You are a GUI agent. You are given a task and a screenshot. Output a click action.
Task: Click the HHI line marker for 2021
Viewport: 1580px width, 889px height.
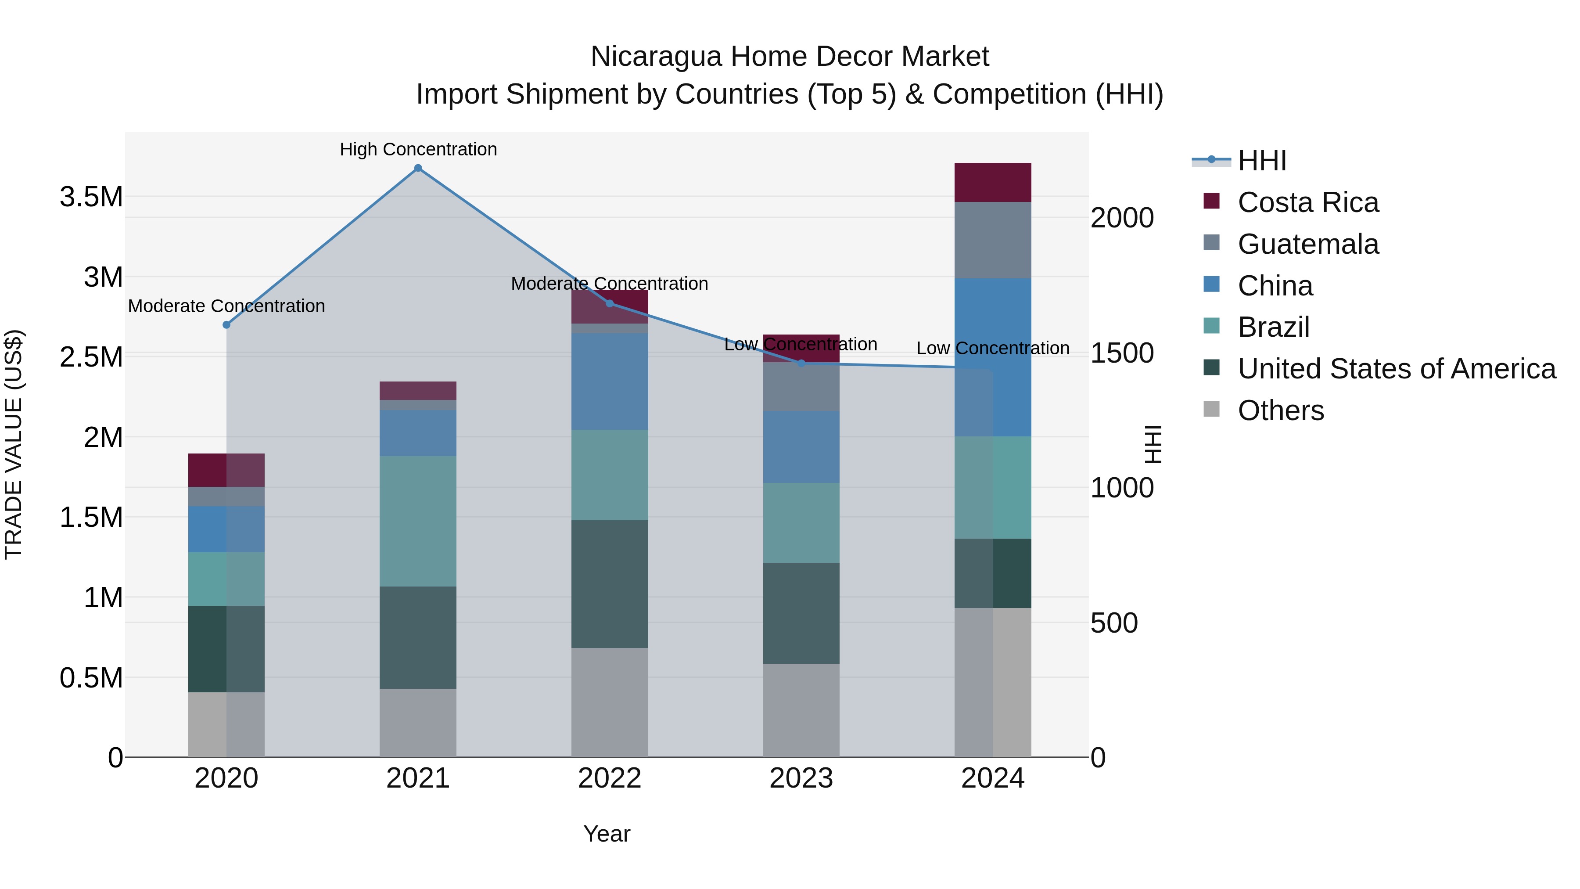[x=418, y=168]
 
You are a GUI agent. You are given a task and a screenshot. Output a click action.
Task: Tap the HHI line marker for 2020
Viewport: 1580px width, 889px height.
[x=226, y=324]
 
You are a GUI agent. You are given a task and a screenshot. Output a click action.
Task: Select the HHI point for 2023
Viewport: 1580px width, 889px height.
[x=801, y=363]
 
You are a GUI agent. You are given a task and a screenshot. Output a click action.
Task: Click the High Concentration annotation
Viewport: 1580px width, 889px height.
[x=418, y=149]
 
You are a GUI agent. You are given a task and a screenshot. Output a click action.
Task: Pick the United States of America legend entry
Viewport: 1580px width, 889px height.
[x=1396, y=369]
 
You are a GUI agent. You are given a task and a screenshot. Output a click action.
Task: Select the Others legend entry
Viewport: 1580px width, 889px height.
[x=1280, y=410]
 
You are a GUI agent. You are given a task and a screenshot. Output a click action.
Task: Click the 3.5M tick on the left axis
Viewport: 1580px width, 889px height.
[x=91, y=197]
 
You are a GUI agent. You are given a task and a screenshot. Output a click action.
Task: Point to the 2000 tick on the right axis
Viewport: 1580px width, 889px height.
[x=1122, y=218]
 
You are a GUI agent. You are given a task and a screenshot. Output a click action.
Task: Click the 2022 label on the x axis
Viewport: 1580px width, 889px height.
[x=609, y=778]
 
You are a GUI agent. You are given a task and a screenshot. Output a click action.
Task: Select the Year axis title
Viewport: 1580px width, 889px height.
[x=607, y=834]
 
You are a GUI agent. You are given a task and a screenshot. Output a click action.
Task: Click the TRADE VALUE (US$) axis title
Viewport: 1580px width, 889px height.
[x=14, y=444]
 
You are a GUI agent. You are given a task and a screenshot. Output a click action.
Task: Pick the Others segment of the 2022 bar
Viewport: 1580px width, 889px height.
[x=609, y=702]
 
